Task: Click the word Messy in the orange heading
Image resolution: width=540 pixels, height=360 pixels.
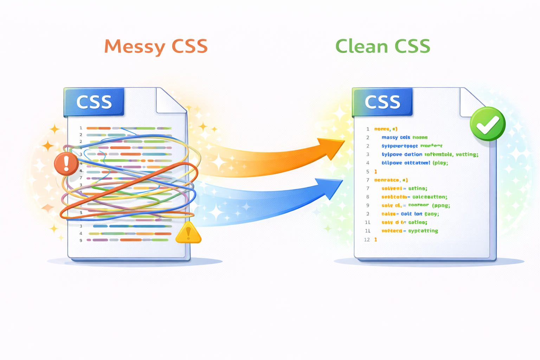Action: tap(135, 47)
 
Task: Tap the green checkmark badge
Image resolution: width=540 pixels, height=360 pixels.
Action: tap(488, 124)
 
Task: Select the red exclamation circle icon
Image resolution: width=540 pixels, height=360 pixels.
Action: tap(66, 164)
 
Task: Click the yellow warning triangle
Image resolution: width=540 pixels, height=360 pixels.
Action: tap(188, 233)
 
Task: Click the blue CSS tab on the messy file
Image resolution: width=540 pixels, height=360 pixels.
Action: tap(94, 102)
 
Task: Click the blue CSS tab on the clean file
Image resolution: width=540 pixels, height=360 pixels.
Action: tap(382, 102)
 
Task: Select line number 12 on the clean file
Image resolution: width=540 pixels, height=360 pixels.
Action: tap(367, 239)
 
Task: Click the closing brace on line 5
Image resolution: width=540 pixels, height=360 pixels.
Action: tap(375, 172)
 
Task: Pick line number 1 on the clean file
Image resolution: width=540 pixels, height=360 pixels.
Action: tap(368, 129)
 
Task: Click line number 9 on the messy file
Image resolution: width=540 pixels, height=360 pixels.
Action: tap(81, 240)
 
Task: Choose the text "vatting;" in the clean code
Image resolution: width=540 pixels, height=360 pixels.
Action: tap(467, 154)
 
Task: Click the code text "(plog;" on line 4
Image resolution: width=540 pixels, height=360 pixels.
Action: tap(440, 163)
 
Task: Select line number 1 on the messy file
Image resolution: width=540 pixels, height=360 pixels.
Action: tap(81, 128)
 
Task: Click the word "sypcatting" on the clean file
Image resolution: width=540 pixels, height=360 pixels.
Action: tap(423, 231)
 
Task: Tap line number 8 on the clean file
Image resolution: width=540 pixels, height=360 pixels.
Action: tap(368, 197)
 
